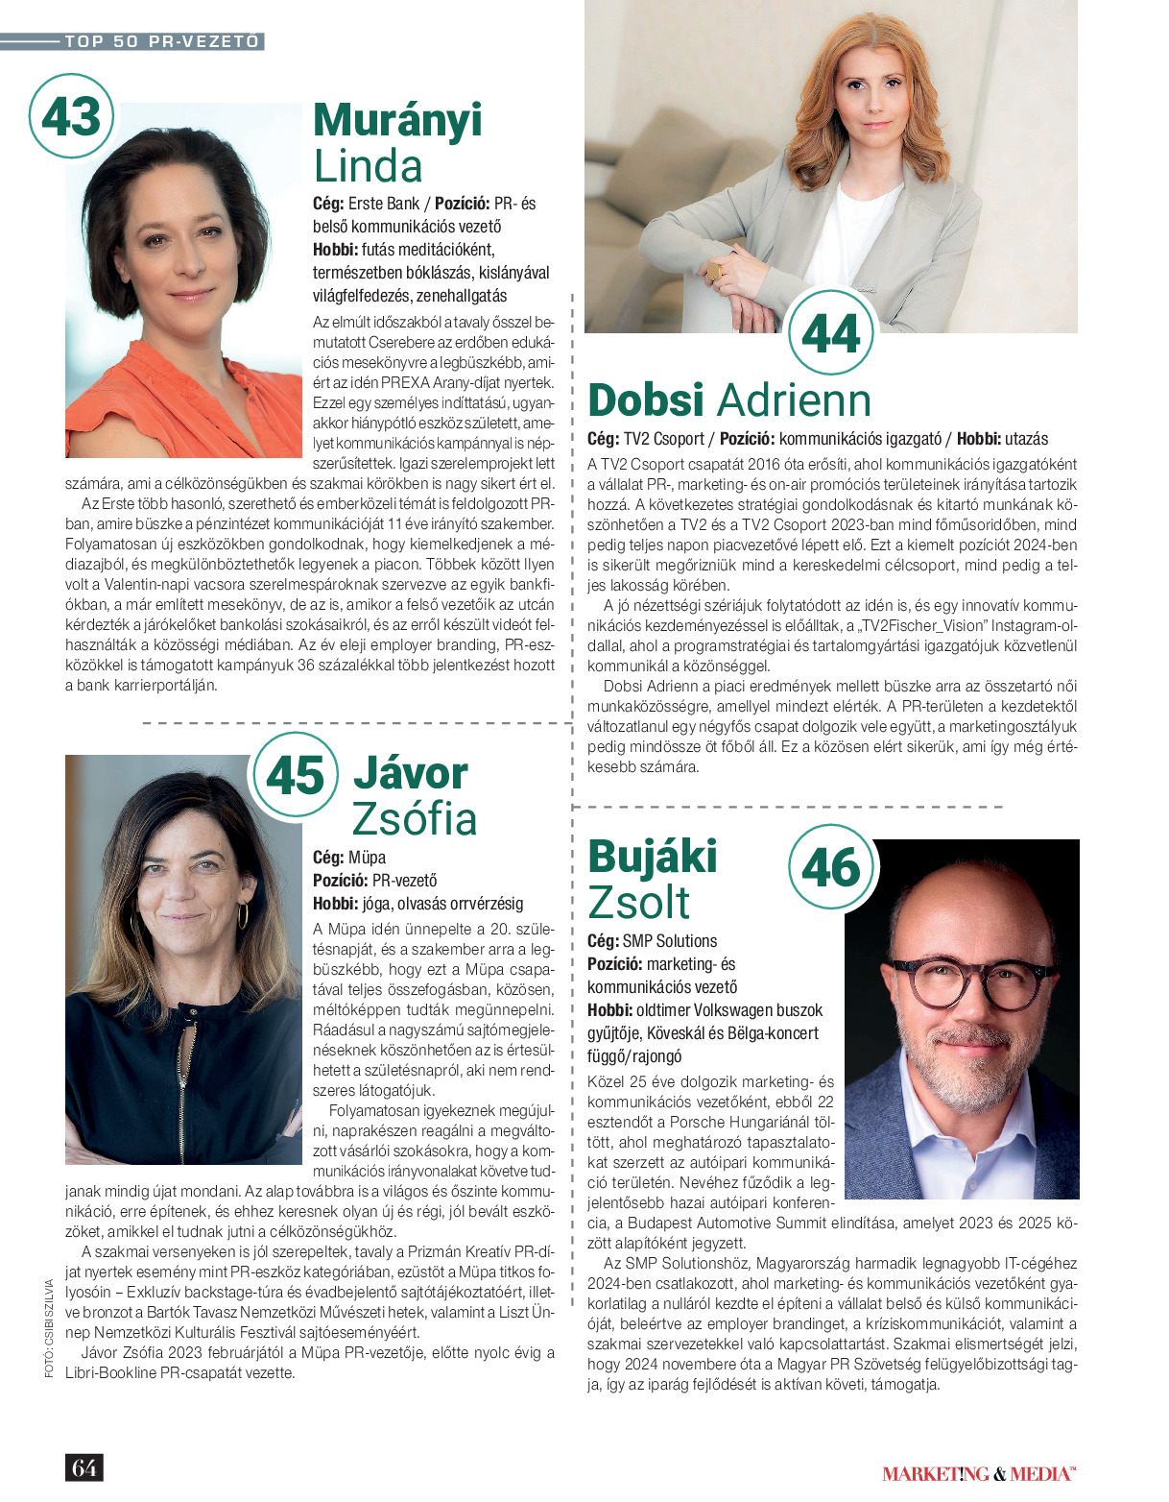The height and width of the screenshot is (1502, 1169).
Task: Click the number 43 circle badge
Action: pos(72,117)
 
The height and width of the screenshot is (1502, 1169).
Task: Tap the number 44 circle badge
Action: pos(830,333)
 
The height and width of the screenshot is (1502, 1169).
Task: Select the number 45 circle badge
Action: pos(296,775)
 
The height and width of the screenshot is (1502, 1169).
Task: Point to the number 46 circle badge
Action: pos(831,867)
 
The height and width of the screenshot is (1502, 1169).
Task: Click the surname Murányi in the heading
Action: pos(397,121)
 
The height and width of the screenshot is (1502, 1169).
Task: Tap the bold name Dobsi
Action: pos(646,400)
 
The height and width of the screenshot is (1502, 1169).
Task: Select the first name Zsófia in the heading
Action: pos(415,819)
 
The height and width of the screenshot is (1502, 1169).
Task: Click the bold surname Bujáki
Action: pos(652,857)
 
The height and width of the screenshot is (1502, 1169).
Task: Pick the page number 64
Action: pos(83,1466)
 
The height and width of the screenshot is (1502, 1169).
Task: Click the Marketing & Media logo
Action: pos(978,1473)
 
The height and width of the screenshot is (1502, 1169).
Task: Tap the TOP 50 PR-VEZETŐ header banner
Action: pos(161,41)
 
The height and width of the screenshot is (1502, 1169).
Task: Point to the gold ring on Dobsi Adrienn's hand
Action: pos(715,274)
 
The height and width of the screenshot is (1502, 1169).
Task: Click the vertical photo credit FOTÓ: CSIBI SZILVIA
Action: pos(49,1327)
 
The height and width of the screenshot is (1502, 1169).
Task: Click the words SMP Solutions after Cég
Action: pos(670,941)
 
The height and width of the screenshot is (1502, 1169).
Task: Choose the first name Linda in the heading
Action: pos(369,166)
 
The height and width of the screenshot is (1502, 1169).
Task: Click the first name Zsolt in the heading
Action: pos(638,903)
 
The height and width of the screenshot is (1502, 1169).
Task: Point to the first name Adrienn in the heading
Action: pos(795,400)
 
